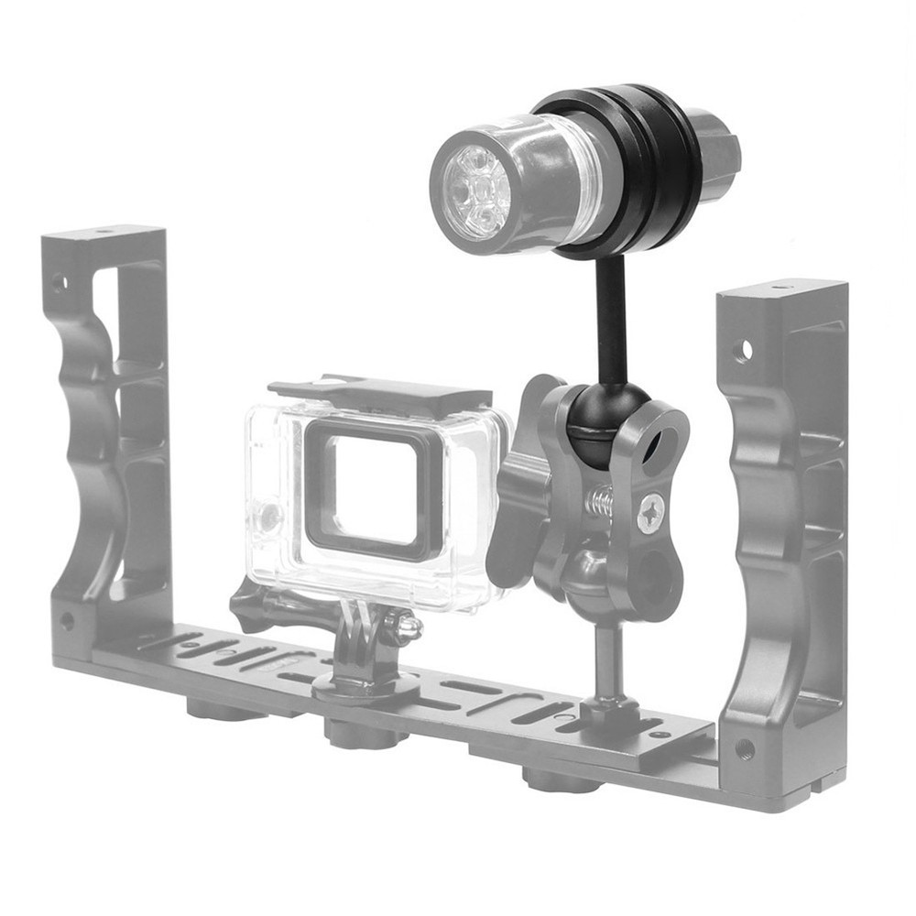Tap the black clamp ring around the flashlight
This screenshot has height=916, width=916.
pyautogui.click(x=632, y=174)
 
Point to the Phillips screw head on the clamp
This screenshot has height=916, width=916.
pyautogui.click(x=652, y=513)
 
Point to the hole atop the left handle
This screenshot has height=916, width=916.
pyautogui.click(x=103, y=232)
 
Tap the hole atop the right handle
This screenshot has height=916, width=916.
pyautogui.click(x=780, y=288)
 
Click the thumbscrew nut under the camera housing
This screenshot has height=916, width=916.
pyautogui.click(x=403, y=627)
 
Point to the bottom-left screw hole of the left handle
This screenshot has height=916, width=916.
pyautogui.click(x=66, y=620)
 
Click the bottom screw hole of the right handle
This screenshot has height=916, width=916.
pyautogui.click(x=745, y=749)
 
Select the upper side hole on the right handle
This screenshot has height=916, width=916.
pyautogui.click(x=743, y=349)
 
